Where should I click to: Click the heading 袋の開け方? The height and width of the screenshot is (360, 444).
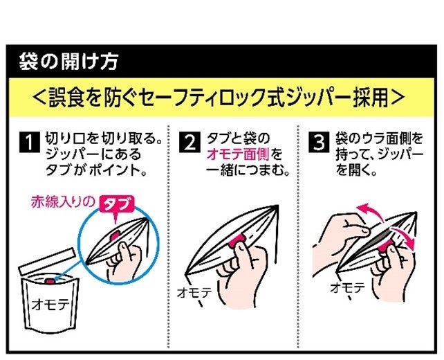(68, 62)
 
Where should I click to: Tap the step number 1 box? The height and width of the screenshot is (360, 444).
(30, 142)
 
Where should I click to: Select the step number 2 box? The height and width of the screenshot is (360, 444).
(189, 142)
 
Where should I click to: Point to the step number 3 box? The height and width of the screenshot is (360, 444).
(319, 142)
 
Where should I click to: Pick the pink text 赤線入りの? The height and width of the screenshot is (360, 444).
(63, 202)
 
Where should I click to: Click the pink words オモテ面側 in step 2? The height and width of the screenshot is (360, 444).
(238, 155)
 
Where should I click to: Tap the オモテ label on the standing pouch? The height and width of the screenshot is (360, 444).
(50, 305)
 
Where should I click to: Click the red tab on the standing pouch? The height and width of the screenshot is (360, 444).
(49, 280)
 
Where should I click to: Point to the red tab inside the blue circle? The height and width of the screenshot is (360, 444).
(115, 235)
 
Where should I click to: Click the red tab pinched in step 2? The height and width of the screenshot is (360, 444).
(237, 240)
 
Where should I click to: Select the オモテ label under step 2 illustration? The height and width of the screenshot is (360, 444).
(194, 293)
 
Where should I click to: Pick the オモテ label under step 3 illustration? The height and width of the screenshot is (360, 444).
(348, 288)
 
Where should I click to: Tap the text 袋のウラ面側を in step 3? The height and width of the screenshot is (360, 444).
(379, 138)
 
